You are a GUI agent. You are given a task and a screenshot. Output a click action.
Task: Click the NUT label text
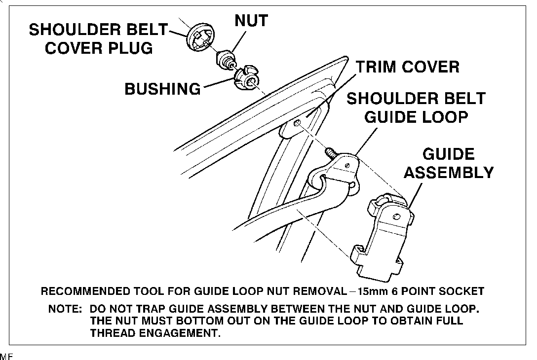(x=251, y=21)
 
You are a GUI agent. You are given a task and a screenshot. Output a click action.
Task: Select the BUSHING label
(x=162, y=89)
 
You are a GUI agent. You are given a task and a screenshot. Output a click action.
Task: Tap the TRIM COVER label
(x=408, y=67)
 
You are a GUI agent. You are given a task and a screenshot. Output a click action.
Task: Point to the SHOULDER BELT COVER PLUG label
(x=99, y=39)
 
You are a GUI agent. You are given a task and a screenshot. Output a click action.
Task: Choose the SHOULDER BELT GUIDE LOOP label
(x=416, y=108)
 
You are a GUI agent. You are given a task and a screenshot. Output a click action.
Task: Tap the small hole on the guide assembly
(x=397, y=216)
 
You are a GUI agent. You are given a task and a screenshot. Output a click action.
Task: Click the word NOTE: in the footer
(x=65, y=310)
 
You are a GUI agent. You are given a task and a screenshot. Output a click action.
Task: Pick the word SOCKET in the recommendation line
(x=461, y=291)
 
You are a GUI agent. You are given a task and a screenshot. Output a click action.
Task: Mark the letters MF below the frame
(x=5, y=356)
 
